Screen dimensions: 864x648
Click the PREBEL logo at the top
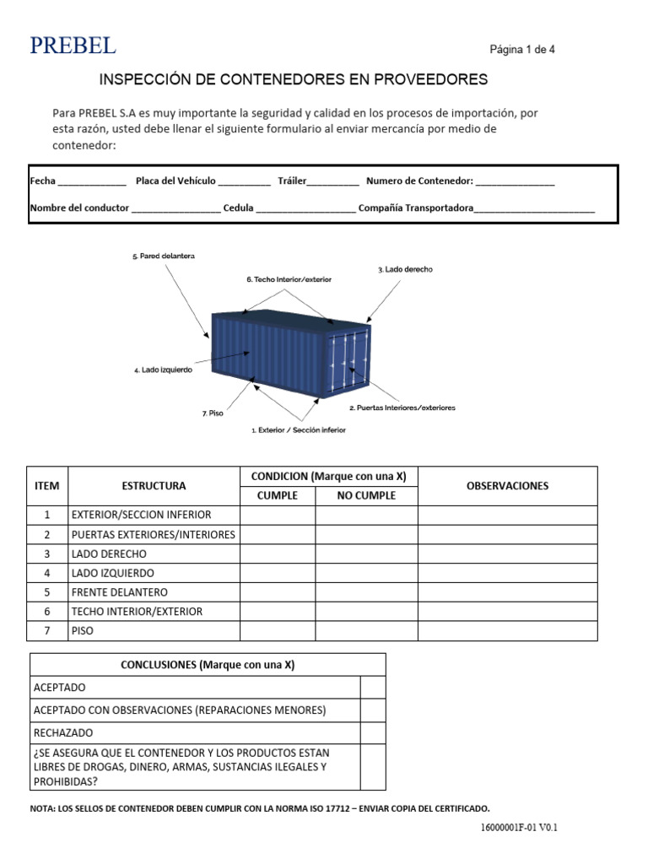73,46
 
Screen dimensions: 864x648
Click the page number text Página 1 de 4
522,50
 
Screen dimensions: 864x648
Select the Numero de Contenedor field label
419,181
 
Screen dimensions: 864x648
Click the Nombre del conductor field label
79,208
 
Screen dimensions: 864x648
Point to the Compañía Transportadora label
415,208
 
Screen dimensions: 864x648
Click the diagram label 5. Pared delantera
164,256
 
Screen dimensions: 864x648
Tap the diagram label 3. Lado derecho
405,269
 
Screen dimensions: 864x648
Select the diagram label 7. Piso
213,413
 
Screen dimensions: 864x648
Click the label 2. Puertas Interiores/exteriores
402,408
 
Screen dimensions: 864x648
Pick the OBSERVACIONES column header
507,486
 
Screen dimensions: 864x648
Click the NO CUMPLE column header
366,496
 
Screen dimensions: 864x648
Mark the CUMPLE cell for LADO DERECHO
278,554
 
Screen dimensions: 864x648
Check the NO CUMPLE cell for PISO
366,631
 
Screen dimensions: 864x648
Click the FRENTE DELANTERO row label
120,592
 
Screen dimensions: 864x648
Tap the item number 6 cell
48,612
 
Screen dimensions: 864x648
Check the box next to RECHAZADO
373,733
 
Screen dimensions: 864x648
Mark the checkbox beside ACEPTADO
373,688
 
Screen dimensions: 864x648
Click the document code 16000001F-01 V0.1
519,828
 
